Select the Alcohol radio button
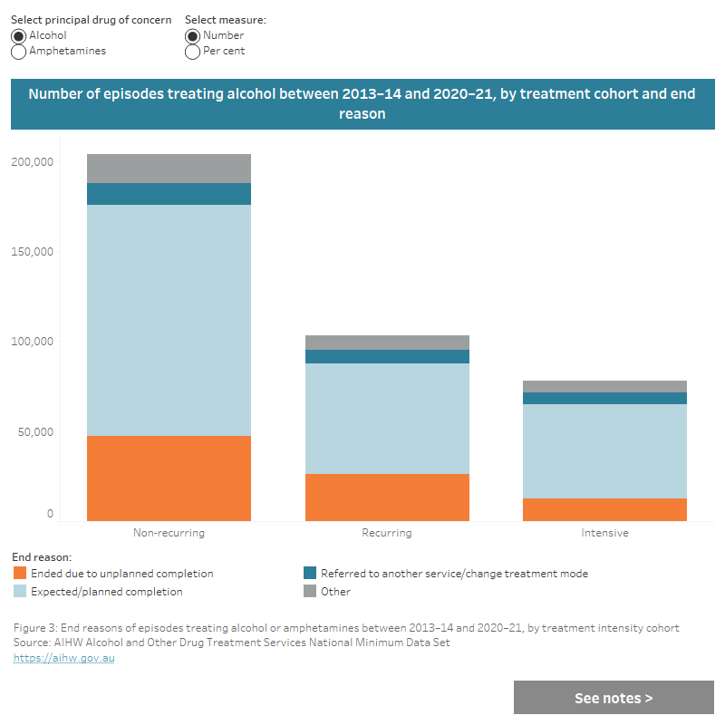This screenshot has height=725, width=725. coord(19,35)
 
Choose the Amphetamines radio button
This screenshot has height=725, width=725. coord(19,52)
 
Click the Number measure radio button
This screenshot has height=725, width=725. coord(192,35)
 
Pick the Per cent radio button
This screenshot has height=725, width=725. coord(192,52)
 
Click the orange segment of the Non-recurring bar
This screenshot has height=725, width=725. coord(169,478)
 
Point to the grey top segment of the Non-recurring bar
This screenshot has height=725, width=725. coord(169,169)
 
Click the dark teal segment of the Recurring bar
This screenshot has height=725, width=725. coord(387,356)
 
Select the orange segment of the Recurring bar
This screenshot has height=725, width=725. coord(387,498)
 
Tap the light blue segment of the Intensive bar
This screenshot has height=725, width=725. coord(604,451)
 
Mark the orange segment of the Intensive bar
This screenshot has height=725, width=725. coord(604,509)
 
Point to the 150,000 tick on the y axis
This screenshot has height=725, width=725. coord(33,252)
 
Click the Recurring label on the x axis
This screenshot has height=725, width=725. coord(387,533)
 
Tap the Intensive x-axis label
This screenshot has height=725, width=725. coord(604,533)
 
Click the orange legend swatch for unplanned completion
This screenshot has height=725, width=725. coord(20,574)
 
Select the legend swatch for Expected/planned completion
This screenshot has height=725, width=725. coord(20,592)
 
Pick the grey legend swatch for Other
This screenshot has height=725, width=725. coord(310,592)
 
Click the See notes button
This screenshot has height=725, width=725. coord(614,698)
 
